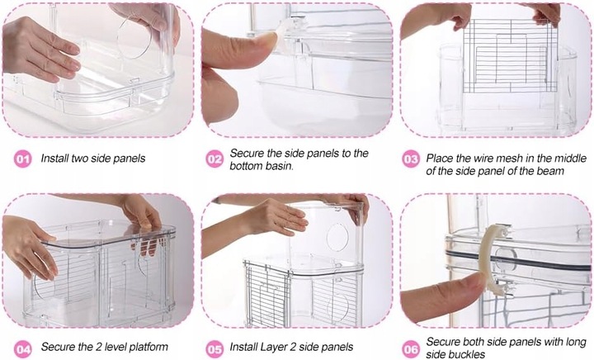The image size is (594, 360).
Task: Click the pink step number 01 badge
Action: point(23,159)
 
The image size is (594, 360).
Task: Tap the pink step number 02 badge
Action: point(214,159)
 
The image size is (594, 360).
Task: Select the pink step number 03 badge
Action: point(411,159)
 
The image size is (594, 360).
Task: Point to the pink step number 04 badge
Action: point(23,348)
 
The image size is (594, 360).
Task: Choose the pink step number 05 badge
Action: point(214,348)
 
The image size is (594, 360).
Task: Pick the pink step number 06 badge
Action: point(411,348)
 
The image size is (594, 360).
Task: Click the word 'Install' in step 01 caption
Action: point(54,158)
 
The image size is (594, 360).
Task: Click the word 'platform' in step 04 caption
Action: point(148,347)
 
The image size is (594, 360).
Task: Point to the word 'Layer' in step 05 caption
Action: point(273,347)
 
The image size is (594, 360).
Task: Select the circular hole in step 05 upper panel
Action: point(337,237)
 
